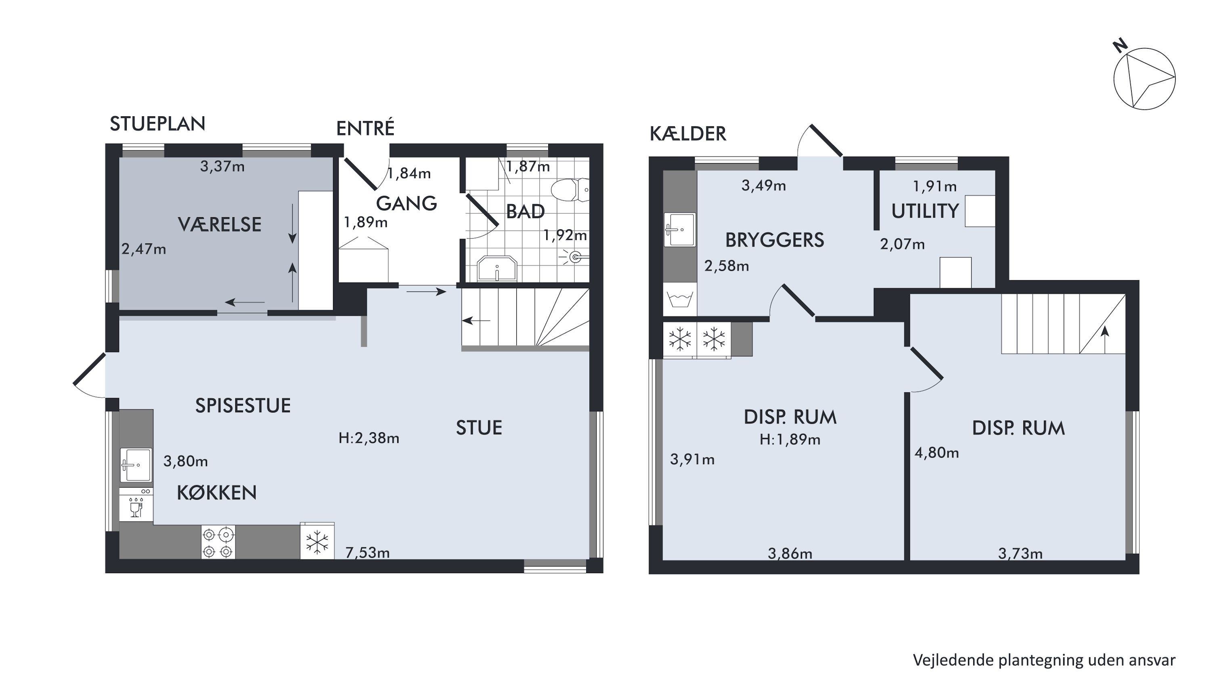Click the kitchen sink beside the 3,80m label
tap(136, 465)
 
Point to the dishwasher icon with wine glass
tap(136, 504)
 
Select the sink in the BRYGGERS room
tap(680, 229)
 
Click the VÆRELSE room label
tap(220, 225)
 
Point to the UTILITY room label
tap(925, 211)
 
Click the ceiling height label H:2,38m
tap(369, 438)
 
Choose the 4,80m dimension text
tap(937, 453)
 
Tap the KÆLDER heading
tap(688, 134)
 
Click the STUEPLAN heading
tap(157, 124)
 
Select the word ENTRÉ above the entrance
tap(365, 128)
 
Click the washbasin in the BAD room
tap(497, 269)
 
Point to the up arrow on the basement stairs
tap(1105, 339)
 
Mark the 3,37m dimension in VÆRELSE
tap(222, 166)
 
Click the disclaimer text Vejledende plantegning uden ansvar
tap(1044, 660)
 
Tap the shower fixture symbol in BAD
tap(574, 257)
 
